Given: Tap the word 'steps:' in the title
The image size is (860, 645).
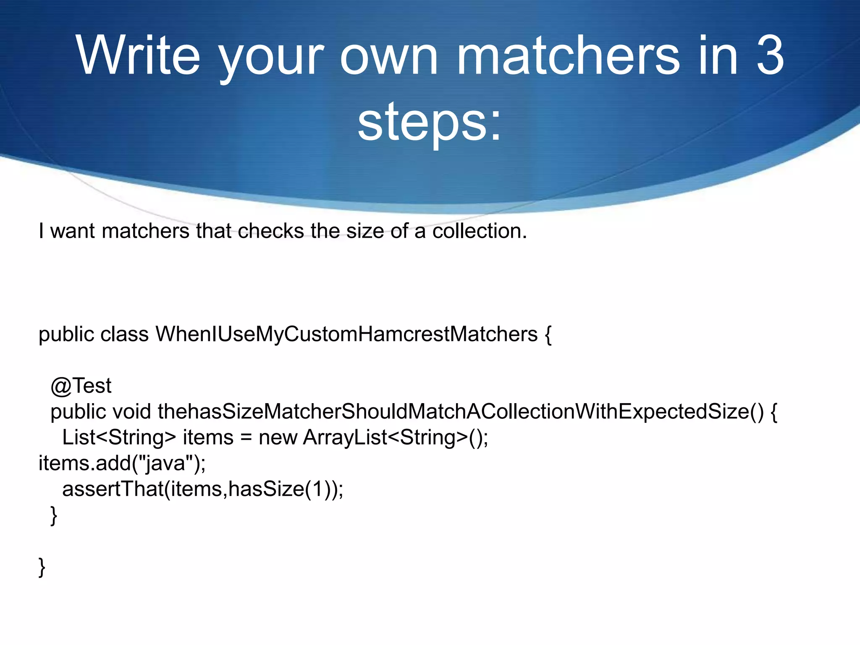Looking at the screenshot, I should tap(430, 122).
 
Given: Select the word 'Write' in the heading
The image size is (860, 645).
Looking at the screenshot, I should tap(138, 56).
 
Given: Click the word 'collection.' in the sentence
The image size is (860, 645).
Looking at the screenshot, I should tap(480, 231).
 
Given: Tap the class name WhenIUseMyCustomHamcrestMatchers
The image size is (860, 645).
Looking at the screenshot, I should tap(347, 334).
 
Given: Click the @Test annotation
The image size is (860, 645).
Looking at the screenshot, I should tap(81, 385).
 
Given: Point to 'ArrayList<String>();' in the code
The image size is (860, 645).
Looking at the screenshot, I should tap(396, 437).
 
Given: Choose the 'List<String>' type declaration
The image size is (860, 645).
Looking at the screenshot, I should tap(119, 437).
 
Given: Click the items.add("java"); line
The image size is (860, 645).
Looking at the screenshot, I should tap(122, 463).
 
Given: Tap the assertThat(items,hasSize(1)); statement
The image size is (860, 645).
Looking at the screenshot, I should tap(203, 489).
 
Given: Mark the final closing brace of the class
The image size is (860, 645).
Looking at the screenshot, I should tap(42, 567).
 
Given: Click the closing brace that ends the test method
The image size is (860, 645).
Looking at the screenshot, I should tap(54, 515).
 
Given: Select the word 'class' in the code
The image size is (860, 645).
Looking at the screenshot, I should tap(124, 334).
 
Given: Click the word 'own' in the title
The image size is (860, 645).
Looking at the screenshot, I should tap(389, 56).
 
